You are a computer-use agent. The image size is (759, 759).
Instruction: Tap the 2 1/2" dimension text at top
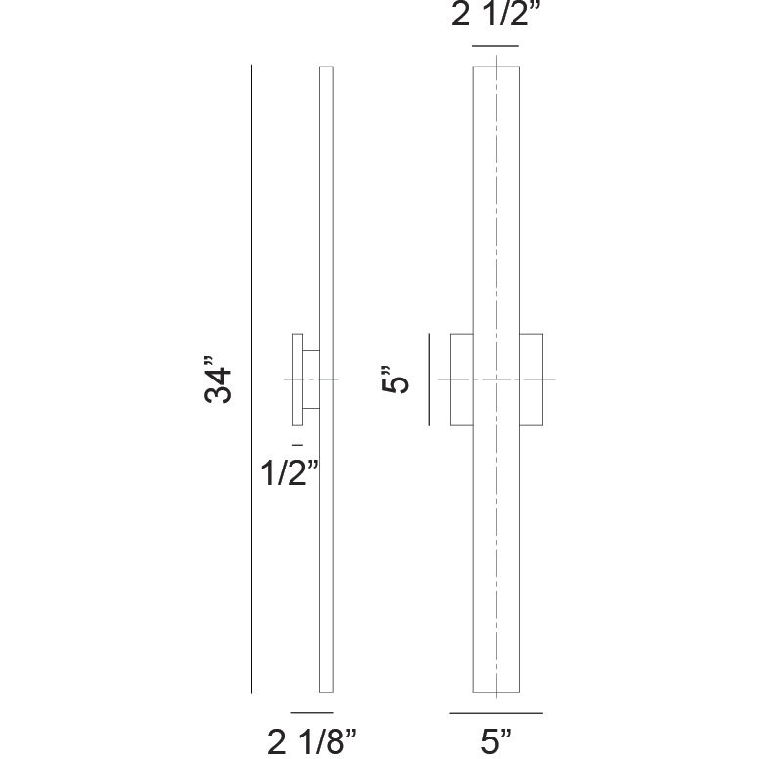point(495,18)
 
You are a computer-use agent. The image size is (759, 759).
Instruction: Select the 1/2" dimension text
point(290,473)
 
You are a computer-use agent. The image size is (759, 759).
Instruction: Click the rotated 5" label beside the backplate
point(393,379)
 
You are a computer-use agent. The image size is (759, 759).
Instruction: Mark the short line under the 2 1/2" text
point(495,46)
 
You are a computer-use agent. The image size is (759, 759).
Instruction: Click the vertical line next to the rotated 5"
point(429,379)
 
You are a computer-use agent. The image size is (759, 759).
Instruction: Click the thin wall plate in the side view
point(296,379)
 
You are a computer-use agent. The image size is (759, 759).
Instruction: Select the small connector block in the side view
point(310,379)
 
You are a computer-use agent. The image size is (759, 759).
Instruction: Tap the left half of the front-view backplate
point(462,379)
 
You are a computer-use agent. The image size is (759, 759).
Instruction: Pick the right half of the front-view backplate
point(531,379)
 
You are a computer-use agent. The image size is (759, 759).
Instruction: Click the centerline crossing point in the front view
point(496,379)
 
